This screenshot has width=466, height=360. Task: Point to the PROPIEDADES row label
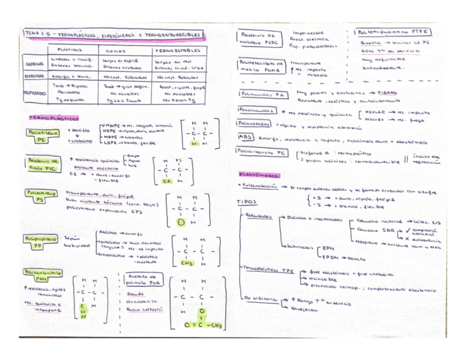pyautogui.click(x=34, y=93)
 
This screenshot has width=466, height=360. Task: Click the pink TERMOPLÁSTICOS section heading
pyautogui.click(x=53, y=118)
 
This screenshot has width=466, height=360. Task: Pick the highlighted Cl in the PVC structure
pyautogui.click(x=168, y=181)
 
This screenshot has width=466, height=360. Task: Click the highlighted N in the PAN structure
pyautogui.click(x=84, y=316)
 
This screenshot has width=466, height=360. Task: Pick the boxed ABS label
pyautogui.click(x=246, y=137)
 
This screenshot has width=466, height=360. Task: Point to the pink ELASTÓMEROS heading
pyautogui.click(x=259, y=175)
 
